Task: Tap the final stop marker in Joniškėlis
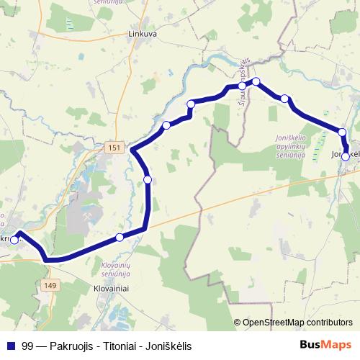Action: point(346,156)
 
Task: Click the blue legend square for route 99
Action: point(10,346)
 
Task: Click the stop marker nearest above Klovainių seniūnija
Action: point(120,237)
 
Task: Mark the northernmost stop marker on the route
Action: point(255,81)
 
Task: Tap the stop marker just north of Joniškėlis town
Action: point(343,132)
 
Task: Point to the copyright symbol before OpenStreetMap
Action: point(238,323)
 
